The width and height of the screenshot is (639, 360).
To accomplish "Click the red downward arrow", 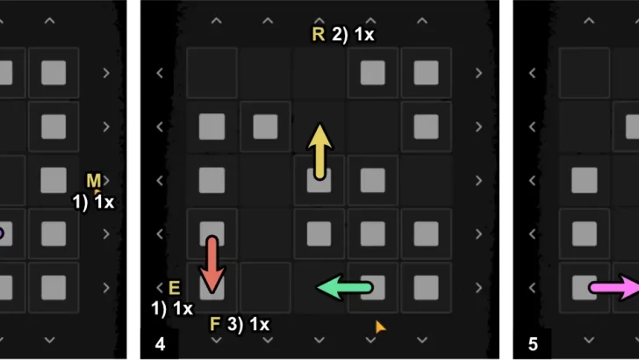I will click(212, 263).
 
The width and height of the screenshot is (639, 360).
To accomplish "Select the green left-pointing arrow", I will click(344, 286).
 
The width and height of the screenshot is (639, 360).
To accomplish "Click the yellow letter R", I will click(318, 35).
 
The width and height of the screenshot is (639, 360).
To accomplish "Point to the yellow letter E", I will click(173, 287).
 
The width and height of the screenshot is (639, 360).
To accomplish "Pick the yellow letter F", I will click(215, 324).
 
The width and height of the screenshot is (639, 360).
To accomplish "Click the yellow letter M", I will click(93, 181).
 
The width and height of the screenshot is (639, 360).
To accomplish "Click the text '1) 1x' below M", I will click(93, 202).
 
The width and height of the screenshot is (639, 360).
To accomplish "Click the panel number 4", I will click(159, 342).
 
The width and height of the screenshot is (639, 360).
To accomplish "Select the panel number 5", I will click(533, 342).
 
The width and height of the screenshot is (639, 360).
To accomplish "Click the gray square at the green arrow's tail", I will click(372, 287).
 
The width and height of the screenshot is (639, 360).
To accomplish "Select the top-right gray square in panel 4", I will click(426, 72).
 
